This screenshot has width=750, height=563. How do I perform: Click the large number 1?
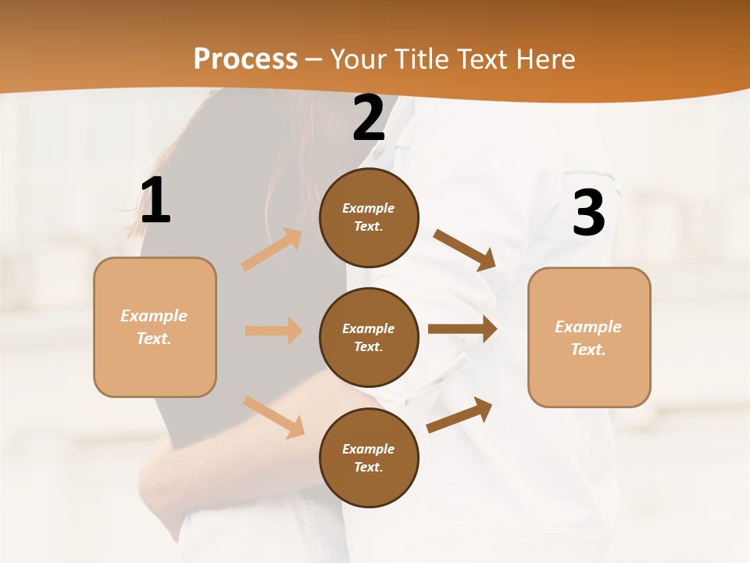point(155,201)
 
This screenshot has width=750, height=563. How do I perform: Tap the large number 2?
point(369,119)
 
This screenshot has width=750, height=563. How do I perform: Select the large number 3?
point(588,213)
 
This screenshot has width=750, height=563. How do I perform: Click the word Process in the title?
point(245,59)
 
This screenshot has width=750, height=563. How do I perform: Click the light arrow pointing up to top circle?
point(272,249)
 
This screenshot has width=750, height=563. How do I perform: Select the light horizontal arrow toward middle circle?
point(273,331)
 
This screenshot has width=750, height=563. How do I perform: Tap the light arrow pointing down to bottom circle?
point(273,416)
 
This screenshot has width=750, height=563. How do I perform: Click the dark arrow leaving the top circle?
point(465,249)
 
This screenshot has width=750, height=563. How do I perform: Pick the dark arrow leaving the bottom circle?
point(459,415)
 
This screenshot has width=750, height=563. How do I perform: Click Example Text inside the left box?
point(154,327)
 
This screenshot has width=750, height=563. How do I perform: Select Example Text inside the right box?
point(588,338)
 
